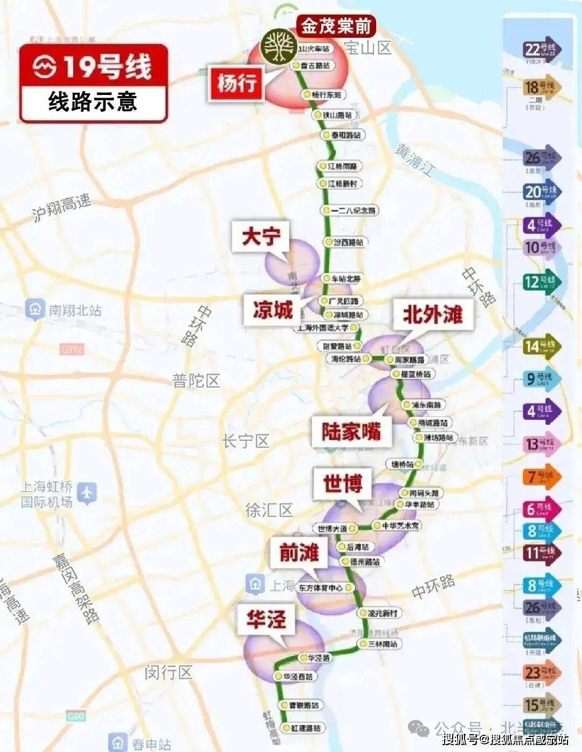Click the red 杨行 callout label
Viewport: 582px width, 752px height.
[x=237, y=83]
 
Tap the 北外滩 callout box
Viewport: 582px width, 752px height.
[x=433, y=314]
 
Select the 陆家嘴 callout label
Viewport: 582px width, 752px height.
[x=351, y=432]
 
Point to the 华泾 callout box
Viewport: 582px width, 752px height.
[x=266, y=619]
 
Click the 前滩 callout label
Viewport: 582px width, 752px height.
[x=299, y=552]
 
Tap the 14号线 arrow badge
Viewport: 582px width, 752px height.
[x=541, y=346]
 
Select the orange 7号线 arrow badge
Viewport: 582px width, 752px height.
[x=541, y=476]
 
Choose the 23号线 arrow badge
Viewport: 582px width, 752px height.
[x=541, y=672]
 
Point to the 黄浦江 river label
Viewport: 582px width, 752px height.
[x=414, y=160]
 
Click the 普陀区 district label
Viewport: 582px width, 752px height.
[x=196, y=381]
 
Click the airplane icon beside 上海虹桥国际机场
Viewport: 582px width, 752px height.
[x=87, y=493]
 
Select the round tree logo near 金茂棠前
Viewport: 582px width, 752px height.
[x=278, y=46]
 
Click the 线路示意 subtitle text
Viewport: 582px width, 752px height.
[x=93, y=101]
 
